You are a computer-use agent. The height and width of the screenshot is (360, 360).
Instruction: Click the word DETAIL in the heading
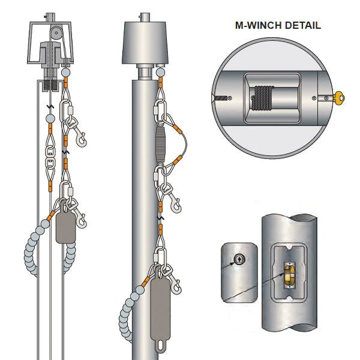tap(299, 25)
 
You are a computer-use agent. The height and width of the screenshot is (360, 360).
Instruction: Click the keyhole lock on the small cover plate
tap(239, 259)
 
